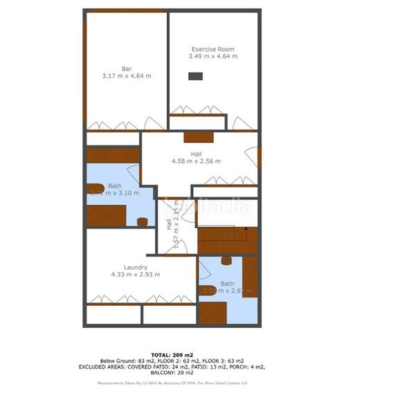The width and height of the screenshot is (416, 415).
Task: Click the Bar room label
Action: tap(127, 68)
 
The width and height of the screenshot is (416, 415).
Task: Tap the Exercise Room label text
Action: tap(212, 50)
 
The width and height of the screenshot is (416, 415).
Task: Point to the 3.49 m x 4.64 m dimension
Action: tap(212, 57)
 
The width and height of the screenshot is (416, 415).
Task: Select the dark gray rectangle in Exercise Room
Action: tap(197, 77)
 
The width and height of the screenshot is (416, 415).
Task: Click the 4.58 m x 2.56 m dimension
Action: tap(196, 161)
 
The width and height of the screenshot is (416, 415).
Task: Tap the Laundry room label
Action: tap(135, 267)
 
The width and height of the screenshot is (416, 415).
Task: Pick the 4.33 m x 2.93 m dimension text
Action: tap(135, 275)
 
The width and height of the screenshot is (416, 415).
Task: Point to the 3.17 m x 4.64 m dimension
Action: tap(127, 75)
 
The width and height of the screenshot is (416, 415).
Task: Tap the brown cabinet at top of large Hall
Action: tap(197, 136)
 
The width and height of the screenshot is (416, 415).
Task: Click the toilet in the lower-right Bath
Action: tap(226, 261)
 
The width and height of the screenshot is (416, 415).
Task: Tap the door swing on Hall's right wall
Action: tap(256, 156)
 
